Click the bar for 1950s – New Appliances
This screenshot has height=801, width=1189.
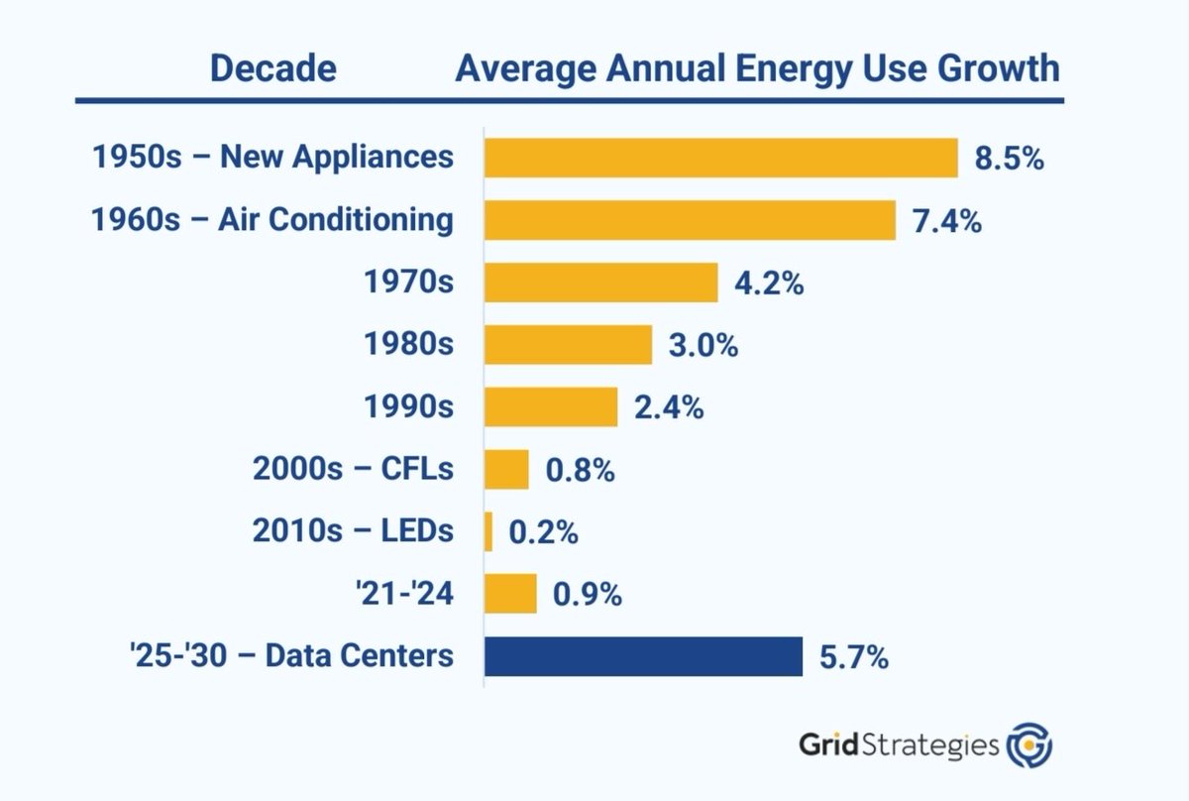[720, 158]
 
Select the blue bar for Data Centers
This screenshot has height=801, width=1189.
[643, 656]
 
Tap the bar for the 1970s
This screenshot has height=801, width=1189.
[600, 283]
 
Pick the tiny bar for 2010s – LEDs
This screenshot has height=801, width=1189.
[488, 531]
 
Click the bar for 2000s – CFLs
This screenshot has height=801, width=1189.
[506, 469]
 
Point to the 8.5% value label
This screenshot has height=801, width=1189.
[1009, 159]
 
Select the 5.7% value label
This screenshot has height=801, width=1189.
[853, 656]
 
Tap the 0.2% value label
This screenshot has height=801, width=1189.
[543, 532]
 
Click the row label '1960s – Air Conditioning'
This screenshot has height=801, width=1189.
[272, 220]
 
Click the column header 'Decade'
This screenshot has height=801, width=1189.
[271, 69]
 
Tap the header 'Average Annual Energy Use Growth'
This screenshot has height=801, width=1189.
[757, 69]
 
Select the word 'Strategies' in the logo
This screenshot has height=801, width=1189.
[937, 744]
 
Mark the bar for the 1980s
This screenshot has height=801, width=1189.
[568, 345]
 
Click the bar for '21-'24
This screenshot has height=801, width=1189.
[510, 594]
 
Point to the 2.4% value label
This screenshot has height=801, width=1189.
[669, 407]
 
